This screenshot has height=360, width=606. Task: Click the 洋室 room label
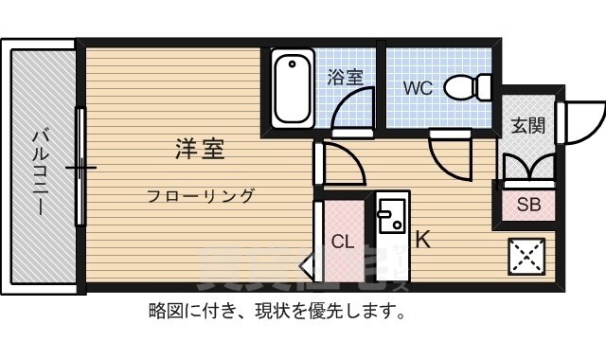click(x=199, y=149)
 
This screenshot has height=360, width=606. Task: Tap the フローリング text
click(x=200, y=196)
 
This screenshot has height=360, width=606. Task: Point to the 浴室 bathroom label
click(x=346, y=78)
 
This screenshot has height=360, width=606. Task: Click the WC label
click(x=419, y=89)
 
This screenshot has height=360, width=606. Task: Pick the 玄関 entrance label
click(x=527, y=125)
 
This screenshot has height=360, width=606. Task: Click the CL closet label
click(x=342, y=240)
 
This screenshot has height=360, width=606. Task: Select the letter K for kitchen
click(x=422, y=240)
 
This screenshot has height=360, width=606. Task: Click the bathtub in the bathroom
click(x=294, y=88)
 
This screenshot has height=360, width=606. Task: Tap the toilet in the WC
click(x=466, y=87)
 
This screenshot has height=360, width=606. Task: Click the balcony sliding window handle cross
click(x=81, y=170)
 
